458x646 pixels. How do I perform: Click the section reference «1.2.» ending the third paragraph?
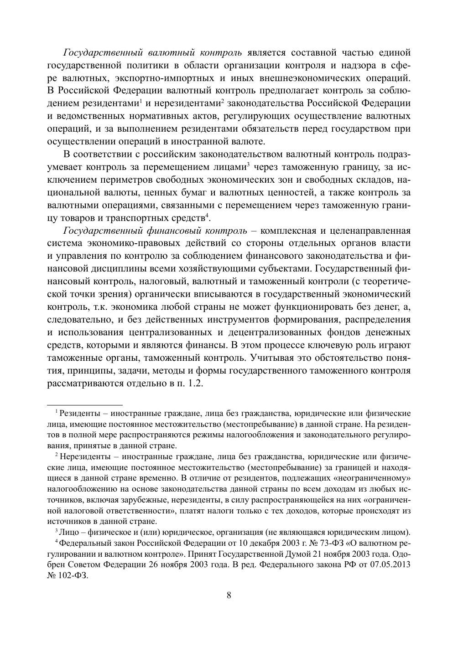pyautogui.click(x=193, y=383)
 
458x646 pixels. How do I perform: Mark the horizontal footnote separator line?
pyautogui.click(x=85, y=404)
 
